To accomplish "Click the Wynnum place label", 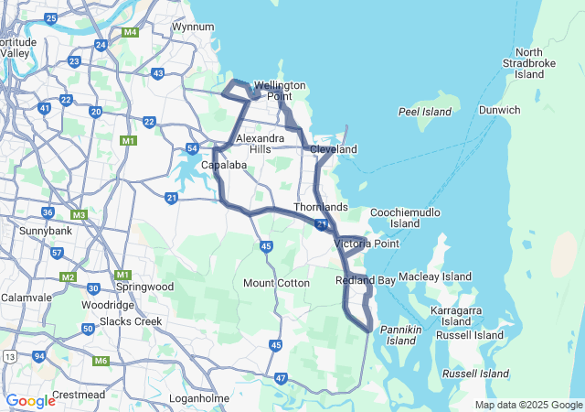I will pyautogui.click(x=192, y=27).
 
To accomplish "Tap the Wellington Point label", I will pyautogui.click(x=280, y=91).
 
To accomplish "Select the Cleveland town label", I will pyautogui.click(x=333, y=149).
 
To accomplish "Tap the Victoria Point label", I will pyautogui.click(x=367, y=244).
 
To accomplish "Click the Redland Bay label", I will pyautogui.click(x=366, y=280).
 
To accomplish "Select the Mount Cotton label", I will pyautogui.click(x=276, y=283).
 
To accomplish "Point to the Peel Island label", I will pyautogui.click(x=425, y=112).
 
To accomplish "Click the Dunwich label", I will pyautogui.click(x=499, y=110).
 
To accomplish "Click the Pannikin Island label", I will pyautogui.click(x=401, y=335).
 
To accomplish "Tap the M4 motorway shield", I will pyautogui.click(x=130, y=33).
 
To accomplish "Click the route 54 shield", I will pyautogui.click(x=193, y=148).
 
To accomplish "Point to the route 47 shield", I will pyautogui.click(x=281, y=377).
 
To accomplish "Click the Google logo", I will pyautogui.click(x=31, y=400).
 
